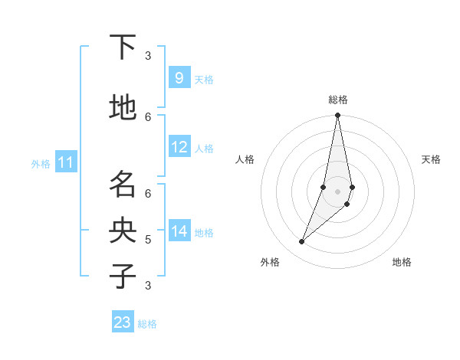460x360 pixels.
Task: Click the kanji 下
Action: click(123, 48)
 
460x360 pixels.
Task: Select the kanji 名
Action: click(123, 185)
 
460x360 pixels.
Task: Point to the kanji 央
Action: click(123, 231)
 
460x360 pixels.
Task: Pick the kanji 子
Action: click(123, 276)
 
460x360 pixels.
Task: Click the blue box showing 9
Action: click(179, 78)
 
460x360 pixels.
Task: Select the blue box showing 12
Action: click(179, 147)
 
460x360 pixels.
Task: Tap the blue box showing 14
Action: click(179, 231)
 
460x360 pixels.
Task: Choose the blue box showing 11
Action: click(66, 162)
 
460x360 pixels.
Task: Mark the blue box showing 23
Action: click(123, 322)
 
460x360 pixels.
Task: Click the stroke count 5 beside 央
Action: click(148, 240)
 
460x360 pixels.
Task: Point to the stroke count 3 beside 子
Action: click(148, 286)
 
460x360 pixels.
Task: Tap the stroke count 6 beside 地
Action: click(148, 116)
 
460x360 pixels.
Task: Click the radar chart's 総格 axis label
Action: click(337, 100)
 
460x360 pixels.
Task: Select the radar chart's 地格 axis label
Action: click(402, 262)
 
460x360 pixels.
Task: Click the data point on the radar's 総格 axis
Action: click(337, 116)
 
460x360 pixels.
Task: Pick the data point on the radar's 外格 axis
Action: click(301, 241)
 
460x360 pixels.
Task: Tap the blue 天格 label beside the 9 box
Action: click(204, 80)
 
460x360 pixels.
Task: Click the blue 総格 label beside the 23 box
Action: click(147, 324)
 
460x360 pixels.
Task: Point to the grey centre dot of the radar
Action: click(337, 191)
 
